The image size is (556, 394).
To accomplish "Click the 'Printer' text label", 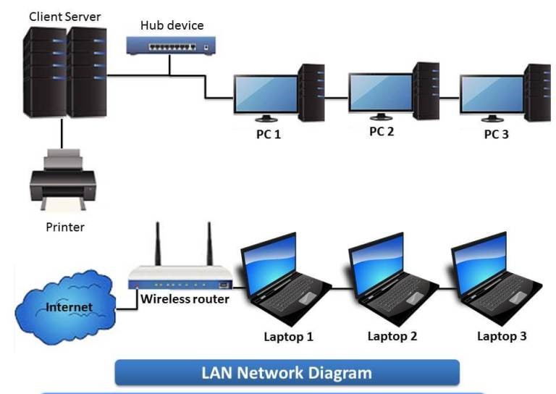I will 65,227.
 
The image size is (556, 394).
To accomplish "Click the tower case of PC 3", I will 536,92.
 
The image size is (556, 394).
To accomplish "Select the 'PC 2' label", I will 382,131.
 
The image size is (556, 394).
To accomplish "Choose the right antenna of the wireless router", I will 210,244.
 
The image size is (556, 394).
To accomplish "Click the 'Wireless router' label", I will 186,298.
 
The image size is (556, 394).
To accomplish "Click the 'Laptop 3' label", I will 502,336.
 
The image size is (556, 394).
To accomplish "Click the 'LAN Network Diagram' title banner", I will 287,373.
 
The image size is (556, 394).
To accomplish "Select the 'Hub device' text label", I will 172,25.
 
